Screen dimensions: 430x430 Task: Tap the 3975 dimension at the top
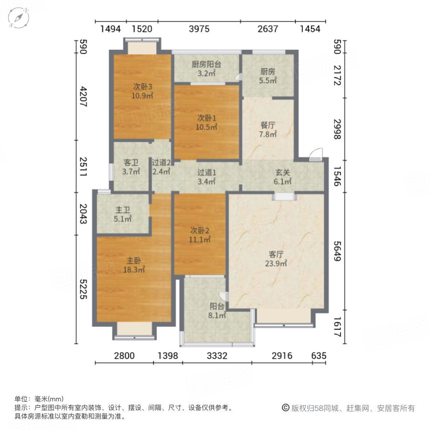199,29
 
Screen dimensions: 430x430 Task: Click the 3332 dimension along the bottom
217,355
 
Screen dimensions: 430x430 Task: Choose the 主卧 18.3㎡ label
134,265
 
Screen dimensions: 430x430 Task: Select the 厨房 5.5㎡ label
268,76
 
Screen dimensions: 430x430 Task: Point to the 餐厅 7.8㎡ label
268,129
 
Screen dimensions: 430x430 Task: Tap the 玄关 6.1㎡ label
282,177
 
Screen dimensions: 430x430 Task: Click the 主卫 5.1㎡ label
122,215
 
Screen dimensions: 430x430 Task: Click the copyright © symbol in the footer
285,408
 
